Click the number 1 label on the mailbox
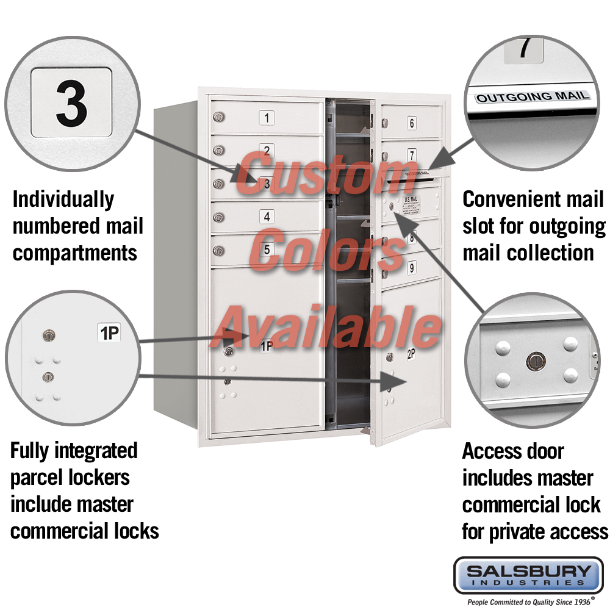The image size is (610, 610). click(267, 118)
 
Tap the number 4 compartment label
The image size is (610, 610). click(266, 216)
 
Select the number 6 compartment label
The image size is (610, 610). click(412, 123)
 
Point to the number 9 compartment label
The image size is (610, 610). click(412, 267)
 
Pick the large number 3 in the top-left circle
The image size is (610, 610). click(71, 102)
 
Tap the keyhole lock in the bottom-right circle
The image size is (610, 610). click(534, 362)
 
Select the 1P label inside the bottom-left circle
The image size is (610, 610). click(110, 333)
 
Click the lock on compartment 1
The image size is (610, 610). click(218, 117)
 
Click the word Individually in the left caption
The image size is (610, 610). click(63, 199)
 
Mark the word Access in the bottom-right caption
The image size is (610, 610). click(489, 452)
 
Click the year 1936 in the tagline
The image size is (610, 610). click(580, 601)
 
